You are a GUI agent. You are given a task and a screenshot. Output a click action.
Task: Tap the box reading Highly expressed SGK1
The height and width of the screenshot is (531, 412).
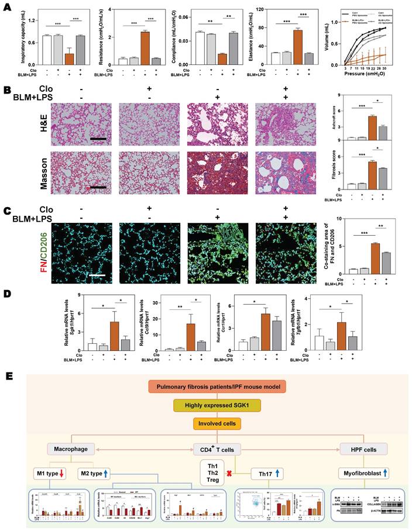coord(206,405)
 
